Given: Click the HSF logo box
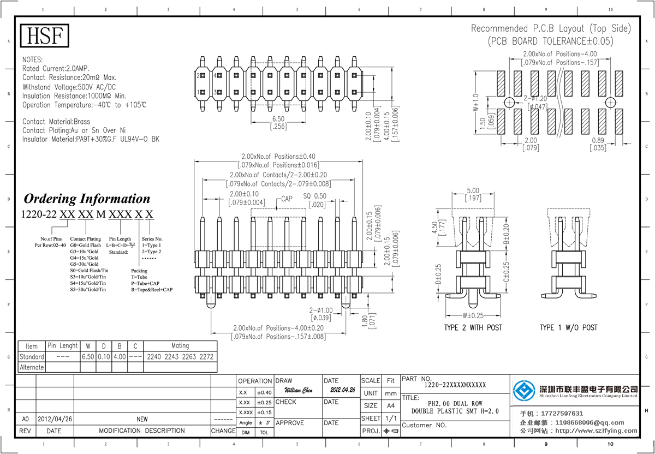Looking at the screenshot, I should [45, 36].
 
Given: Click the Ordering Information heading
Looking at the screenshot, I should [86, 199].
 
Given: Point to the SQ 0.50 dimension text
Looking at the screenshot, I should [315, 196].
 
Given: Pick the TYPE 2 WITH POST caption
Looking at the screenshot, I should [473, 327].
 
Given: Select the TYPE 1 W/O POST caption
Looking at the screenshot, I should [568, 327].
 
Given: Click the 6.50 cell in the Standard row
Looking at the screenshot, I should [88, 357].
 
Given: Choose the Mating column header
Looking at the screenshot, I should [180, 346].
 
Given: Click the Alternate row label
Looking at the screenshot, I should [32, 367].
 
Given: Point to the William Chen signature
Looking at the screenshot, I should [299, 391].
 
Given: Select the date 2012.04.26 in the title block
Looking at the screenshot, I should [342, 391].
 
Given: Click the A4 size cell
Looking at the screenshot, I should [390, 405].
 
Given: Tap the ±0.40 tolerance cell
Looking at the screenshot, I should [264, 392].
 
